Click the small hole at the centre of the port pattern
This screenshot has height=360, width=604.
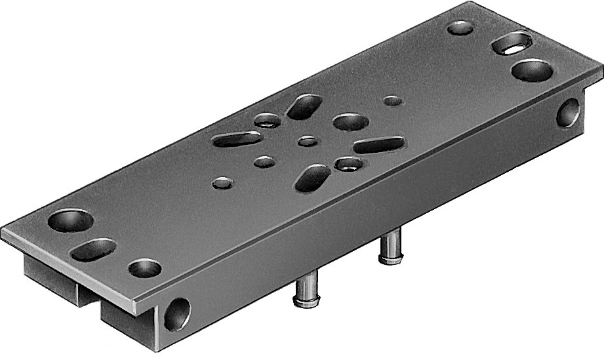tap(306, 140)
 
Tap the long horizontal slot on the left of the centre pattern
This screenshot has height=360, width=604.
tap(237, 139)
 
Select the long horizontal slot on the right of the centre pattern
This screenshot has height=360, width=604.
tap(379, 145)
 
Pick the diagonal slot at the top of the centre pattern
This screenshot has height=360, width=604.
tap(304, 106)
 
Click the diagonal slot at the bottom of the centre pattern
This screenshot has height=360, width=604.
tap(313, 178)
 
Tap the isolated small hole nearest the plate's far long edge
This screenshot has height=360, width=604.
tap(392, 101)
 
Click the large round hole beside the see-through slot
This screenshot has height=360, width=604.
tap(531, 70)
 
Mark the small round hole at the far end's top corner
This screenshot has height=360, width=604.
tap(460, 28)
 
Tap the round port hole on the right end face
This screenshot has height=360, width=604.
tap(567, 113)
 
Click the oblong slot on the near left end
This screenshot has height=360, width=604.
tap(94, 249)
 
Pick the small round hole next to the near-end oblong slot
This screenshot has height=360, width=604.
tap(144, 268)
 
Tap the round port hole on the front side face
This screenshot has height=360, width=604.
tap(177, 313)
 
